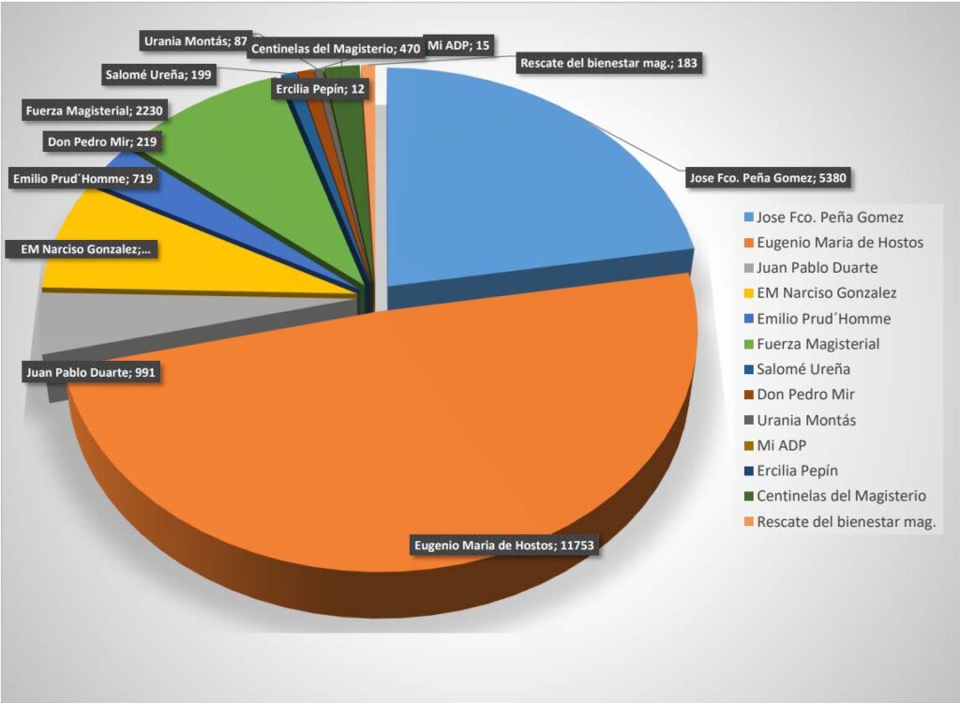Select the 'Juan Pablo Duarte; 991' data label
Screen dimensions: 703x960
coord(90,373)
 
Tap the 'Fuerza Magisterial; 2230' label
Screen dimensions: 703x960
coord(96,111)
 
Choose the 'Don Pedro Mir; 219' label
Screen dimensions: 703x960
coord(100,142)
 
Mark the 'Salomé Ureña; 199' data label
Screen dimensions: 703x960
coord(156,74)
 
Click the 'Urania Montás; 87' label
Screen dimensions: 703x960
coord(195,41)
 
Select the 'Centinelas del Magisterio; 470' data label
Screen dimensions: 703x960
coord(336,49)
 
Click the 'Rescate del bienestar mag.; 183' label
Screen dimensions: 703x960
coord(607,63)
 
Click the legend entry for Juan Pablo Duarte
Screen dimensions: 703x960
coord(817,268)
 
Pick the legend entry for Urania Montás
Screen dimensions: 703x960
coord(805,420)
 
